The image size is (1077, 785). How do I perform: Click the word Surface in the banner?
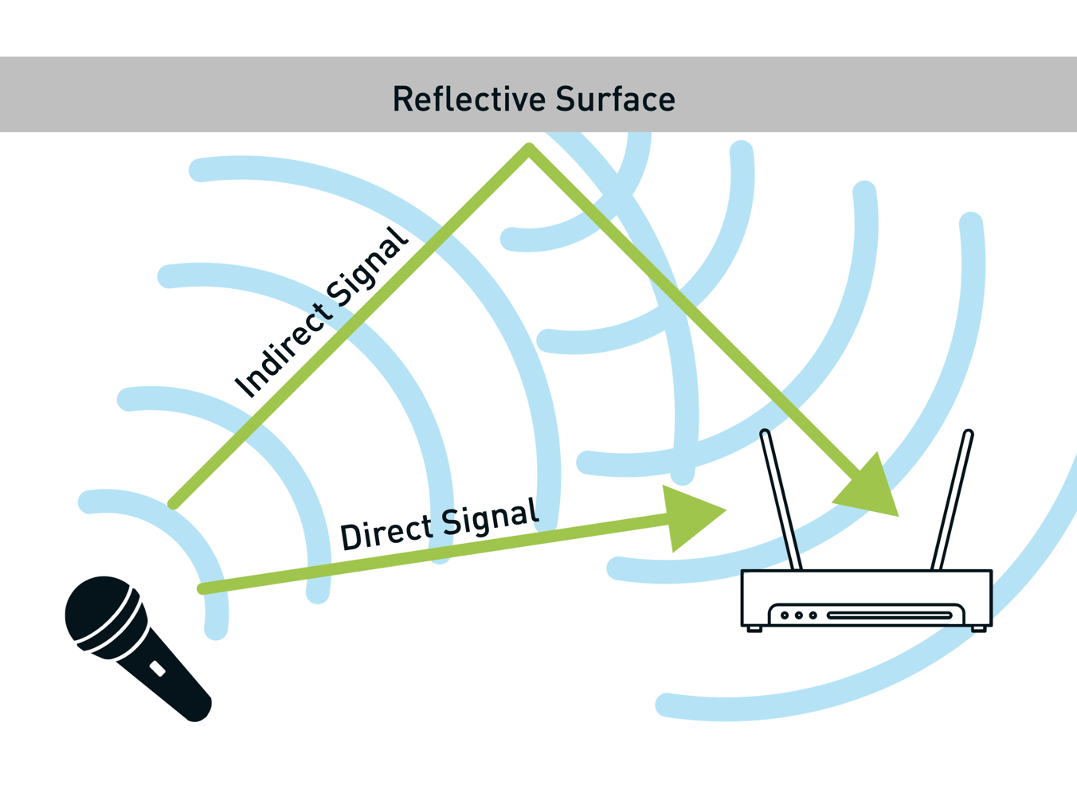pos(615,100)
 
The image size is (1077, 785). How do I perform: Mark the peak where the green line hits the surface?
pos(529,148)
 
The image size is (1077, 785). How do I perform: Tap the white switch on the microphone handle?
pos(158,669)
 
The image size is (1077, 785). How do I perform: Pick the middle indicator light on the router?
pos(799,615)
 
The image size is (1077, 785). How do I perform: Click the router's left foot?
pos(754,629)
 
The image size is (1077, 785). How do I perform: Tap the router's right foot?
pos(979,629)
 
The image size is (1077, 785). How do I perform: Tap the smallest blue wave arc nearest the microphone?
pos(191,541)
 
